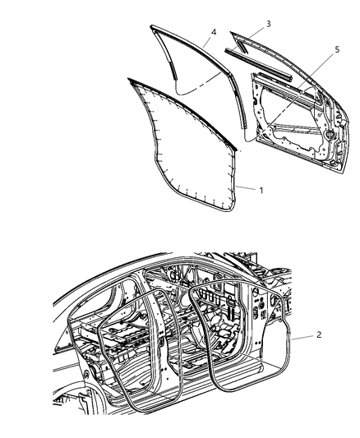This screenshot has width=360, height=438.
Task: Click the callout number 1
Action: click(261, 190)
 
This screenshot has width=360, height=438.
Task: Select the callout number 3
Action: click(268, 24)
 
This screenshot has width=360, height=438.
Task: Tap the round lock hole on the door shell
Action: click(330, 132)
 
